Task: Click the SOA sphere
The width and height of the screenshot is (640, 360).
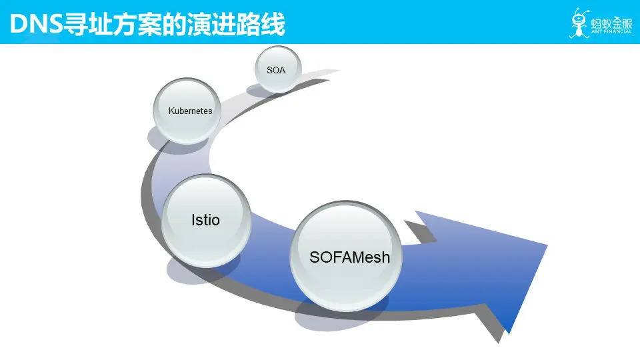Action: pos(279,69)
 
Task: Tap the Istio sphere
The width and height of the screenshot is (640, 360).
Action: pos(207,221)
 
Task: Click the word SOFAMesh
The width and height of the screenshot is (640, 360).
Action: pos(349,257)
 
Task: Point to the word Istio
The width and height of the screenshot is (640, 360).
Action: pos(205,220)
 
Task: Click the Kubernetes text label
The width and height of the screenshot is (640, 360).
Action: pos(190,111)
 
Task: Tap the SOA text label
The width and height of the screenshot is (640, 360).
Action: pos(276,69)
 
